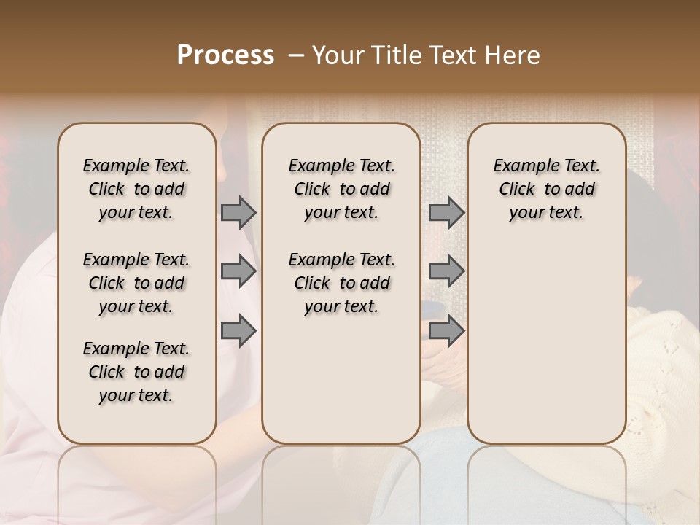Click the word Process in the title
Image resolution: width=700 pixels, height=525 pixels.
(225, 55)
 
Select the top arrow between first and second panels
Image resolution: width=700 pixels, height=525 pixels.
(238, 212)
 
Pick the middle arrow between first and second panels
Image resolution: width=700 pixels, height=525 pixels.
(238, 271)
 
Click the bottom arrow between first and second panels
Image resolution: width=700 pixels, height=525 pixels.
(238, 330)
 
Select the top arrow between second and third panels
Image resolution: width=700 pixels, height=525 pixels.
(446, 212)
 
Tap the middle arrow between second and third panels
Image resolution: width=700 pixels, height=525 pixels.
(446, 271)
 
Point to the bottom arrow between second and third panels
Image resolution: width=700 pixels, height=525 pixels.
(446, 330)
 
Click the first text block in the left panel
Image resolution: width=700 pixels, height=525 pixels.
(136, 189)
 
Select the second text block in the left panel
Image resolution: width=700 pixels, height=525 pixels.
(136, 283)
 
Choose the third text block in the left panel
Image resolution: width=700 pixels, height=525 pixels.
(136, 372)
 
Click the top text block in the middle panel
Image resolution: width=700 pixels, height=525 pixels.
(341, 189)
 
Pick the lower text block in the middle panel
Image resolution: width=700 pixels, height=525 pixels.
(341, 283)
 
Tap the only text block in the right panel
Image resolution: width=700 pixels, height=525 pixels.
(546, 189)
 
